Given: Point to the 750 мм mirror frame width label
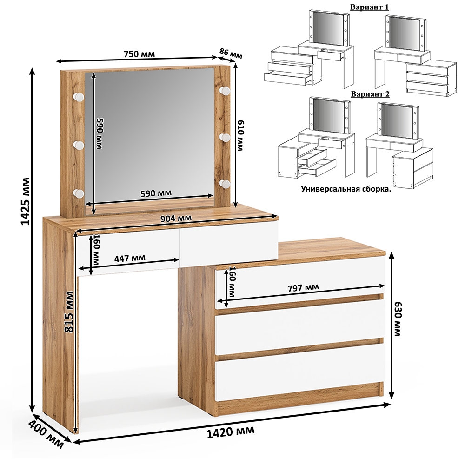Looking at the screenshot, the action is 139,54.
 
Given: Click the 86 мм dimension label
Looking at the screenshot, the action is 231,53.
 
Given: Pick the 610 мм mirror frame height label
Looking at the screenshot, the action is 240,135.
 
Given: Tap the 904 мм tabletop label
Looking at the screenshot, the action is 176,219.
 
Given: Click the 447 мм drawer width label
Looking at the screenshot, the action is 130,258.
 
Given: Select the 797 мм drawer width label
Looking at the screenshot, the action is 303,287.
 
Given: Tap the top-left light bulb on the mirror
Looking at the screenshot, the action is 79,96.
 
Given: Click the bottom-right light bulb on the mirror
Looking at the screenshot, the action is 225,184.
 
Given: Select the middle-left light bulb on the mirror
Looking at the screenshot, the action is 79,145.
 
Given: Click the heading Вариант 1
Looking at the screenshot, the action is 370,7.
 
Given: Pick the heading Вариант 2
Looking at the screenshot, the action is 370,94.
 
